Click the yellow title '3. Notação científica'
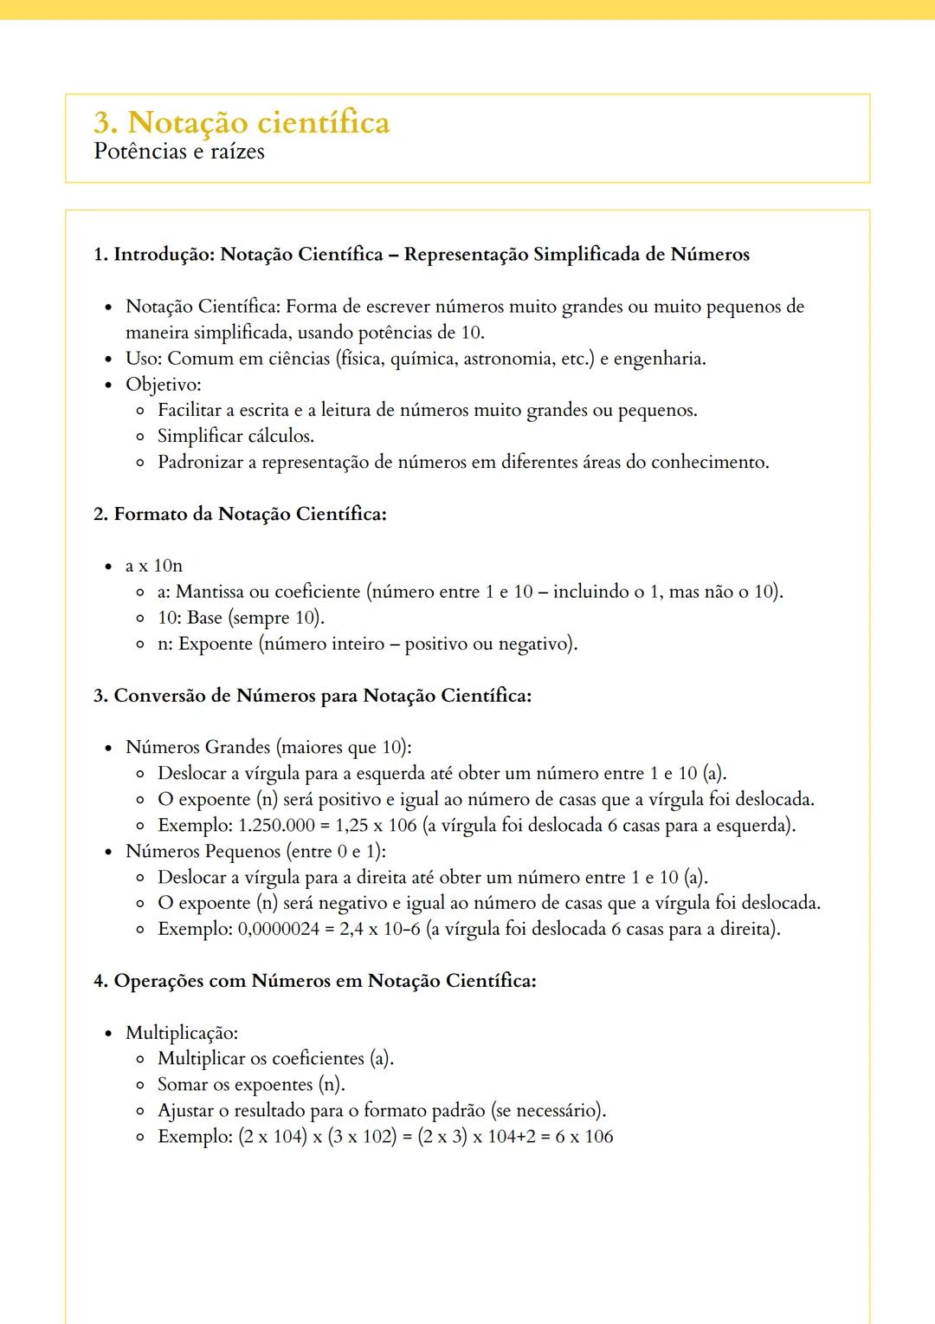242,122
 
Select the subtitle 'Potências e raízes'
179,152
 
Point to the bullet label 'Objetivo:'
163,385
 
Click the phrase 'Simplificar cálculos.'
235,437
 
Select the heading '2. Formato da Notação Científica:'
240,515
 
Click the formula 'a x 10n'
154,567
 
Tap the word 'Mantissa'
210,593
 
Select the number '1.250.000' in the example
276,826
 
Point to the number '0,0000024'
278,930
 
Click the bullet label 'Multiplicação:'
182,1034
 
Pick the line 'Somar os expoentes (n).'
251,1086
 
